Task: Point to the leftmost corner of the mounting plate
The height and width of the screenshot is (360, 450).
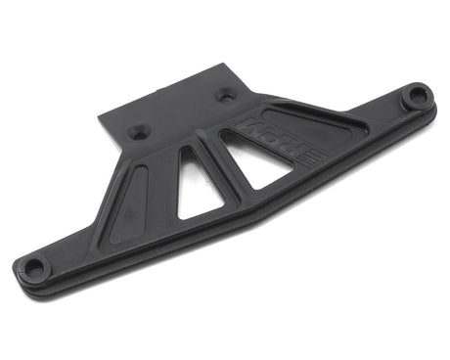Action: coord(101,120)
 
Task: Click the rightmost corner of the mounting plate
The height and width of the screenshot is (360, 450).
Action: coord(259,96)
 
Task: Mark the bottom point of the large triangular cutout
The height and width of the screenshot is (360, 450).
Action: coord(256,187)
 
